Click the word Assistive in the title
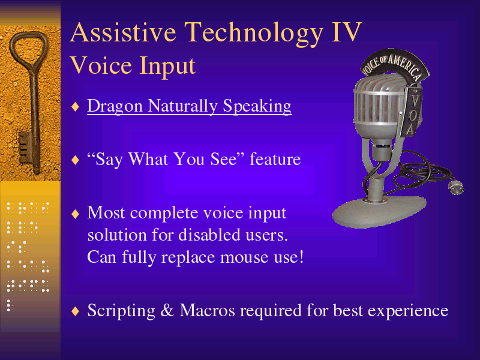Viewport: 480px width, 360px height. (x=123, y=32)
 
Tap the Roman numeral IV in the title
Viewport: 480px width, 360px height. (x=347, y=32)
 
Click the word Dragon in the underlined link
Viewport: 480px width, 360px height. (x=115, y=107)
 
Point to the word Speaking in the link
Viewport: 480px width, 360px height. (x=257, y=107)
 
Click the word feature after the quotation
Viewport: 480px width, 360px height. (x=275, y=159)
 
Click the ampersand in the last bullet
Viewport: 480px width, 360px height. (x=167, y=310)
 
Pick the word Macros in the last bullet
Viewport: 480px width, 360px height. (x=207, y=310)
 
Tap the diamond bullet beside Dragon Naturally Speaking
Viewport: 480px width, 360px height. (x=76, y=107)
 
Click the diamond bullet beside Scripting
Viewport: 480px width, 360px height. (x=76, y=311)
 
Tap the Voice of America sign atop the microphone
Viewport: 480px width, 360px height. (x=394, y=64)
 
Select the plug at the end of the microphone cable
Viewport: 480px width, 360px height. (x=456, y=187)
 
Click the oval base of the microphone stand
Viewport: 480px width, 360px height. (x=379, y=211)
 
